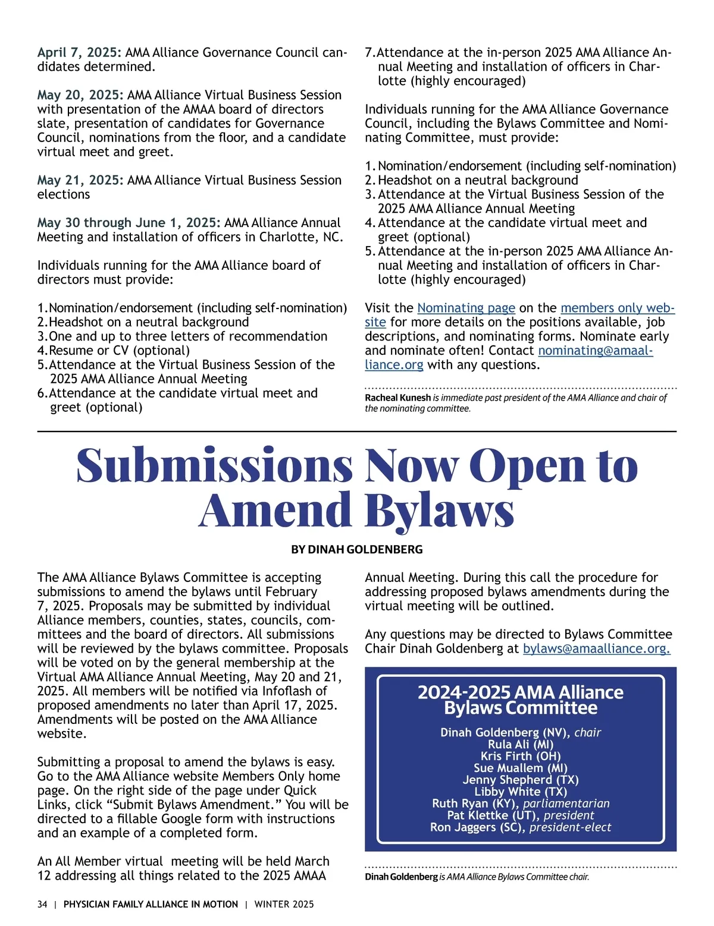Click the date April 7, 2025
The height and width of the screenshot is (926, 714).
tap(79, 52)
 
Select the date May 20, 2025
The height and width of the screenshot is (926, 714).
tap(80, 95)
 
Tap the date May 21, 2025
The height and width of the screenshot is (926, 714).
tap(80, 180)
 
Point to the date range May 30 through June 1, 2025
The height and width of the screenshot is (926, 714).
tap(129, 223)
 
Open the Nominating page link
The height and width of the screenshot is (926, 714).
tap(466, 308)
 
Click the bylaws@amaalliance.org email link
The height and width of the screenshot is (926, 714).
tap(596, 648)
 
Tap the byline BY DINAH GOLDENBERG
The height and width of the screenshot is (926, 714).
tap(356, 550)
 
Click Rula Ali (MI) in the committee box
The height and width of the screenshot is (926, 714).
tap(520, 745)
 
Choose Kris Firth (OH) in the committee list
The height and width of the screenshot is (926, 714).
tap(520, 757)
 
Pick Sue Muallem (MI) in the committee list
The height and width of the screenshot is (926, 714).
tap(520, 768)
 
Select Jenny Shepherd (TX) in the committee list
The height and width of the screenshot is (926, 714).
tap(520, 780)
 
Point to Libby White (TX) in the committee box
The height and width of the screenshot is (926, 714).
tap(520, 792)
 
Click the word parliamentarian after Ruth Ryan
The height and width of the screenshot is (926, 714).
tap(566, 804)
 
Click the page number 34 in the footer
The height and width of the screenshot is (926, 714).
tap(42, 905)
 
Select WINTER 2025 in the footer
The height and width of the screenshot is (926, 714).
tap(284, 905)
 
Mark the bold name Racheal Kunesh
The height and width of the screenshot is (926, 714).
tap(397, 398)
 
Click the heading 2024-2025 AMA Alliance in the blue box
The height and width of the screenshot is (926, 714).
tap(520, 692)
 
